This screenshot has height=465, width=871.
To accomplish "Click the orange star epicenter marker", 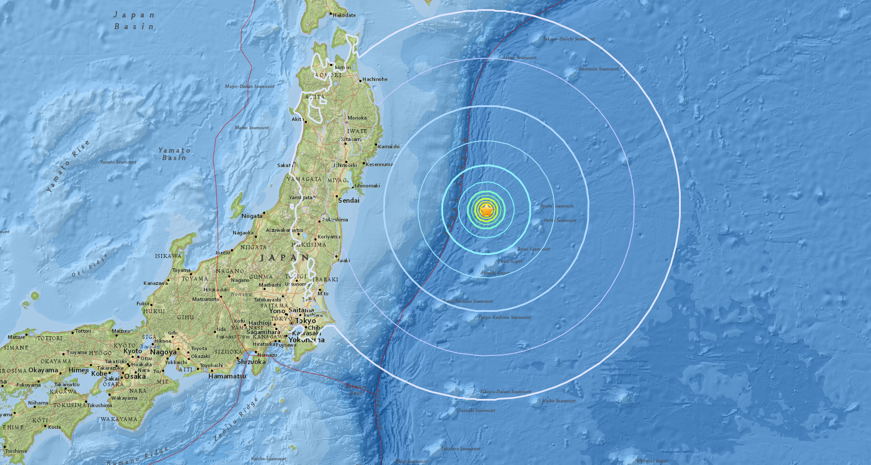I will point(487,211).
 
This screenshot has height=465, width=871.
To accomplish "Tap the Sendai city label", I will point(349,201).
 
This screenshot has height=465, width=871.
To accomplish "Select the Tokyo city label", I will point(306,321).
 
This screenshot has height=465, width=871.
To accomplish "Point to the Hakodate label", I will point(344,15).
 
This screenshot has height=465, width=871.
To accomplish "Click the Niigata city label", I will point(252,216).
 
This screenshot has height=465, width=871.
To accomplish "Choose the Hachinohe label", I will point(375,79).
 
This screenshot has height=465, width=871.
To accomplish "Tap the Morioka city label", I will point(357,118).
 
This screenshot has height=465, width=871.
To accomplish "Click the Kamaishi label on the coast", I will point(389,147).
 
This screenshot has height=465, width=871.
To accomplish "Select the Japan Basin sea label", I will point(134,21).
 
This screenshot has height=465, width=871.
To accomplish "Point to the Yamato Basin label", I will point(174,154).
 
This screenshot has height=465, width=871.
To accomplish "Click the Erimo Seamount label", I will point(520,57).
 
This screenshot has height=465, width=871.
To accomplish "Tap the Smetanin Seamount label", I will point(599,69).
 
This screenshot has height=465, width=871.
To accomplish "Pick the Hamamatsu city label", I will point(227,376).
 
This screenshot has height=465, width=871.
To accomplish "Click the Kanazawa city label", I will point(155,283).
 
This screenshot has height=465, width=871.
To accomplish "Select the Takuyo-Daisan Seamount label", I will point(505,392).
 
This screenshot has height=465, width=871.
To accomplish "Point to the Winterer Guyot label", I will point(652,461).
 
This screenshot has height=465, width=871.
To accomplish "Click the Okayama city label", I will point(43,370).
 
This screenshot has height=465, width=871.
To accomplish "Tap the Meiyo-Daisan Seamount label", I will point(249,86).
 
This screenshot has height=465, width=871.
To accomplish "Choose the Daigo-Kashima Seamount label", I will point(504,317).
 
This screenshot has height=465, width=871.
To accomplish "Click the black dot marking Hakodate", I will point(330,14).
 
